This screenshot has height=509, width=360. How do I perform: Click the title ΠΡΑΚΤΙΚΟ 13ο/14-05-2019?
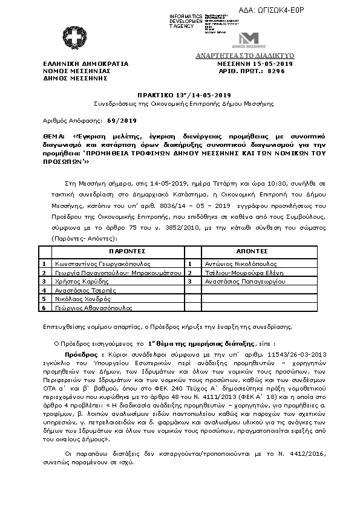click(180, 95)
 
